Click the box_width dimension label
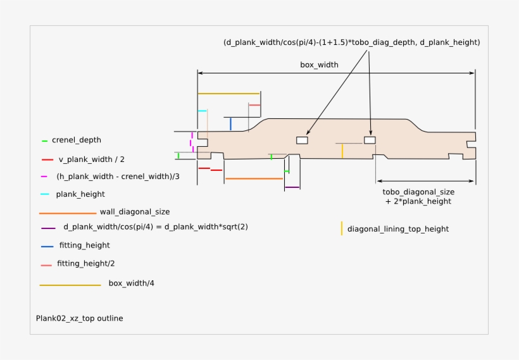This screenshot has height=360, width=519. click(319, 65)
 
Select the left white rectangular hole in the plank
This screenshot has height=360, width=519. click(302, 140)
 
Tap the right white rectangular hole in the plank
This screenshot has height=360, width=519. click(370, 140)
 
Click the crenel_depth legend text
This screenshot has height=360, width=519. click(77, 140)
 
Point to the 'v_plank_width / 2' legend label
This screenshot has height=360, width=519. click(92, 159)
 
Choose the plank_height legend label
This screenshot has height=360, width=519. click(80, 194)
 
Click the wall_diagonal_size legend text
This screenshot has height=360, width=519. click(135, 212)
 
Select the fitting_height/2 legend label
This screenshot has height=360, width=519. click(85, 264)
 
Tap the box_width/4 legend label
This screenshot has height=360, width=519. click(132, 283)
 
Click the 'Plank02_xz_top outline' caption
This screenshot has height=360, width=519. click(80, 318)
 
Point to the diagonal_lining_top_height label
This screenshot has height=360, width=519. click(398, 229)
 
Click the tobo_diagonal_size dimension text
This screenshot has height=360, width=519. click(418, 197)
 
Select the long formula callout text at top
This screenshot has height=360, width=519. click(351, 42)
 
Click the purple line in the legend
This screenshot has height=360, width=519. click(48, 228)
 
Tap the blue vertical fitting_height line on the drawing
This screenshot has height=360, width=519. click(231, 124)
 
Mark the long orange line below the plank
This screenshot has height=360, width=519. click(254, 178)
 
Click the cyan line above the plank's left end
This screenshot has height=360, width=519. click(203, 111)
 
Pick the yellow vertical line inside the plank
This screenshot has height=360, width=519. click(342, 151)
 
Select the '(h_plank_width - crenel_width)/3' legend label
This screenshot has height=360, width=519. click(118, 177)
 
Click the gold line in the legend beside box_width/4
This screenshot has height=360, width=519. click(70, 285)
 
